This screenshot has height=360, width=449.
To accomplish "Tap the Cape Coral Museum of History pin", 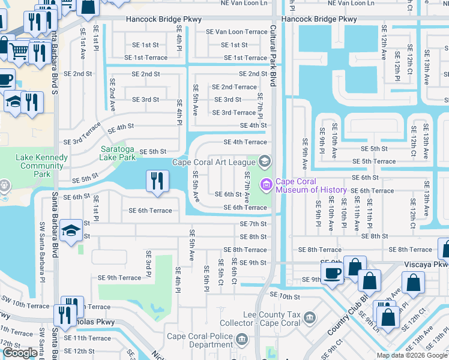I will [x=265, y=185].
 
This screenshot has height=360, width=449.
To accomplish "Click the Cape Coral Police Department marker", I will [x=242, y=340].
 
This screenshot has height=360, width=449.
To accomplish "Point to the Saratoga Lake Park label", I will [x=118, y=153].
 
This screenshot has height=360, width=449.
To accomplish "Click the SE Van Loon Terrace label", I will [x=237, y=32].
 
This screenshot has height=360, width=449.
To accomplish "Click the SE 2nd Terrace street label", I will [x=234, y=87].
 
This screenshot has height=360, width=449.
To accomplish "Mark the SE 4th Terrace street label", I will [x=245, y=142].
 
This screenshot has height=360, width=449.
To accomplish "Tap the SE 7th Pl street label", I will [x=260, y=105].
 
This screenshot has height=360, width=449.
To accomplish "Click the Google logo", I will [x=20, y=353].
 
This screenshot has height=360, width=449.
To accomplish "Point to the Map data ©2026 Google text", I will [x=411, y=355].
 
